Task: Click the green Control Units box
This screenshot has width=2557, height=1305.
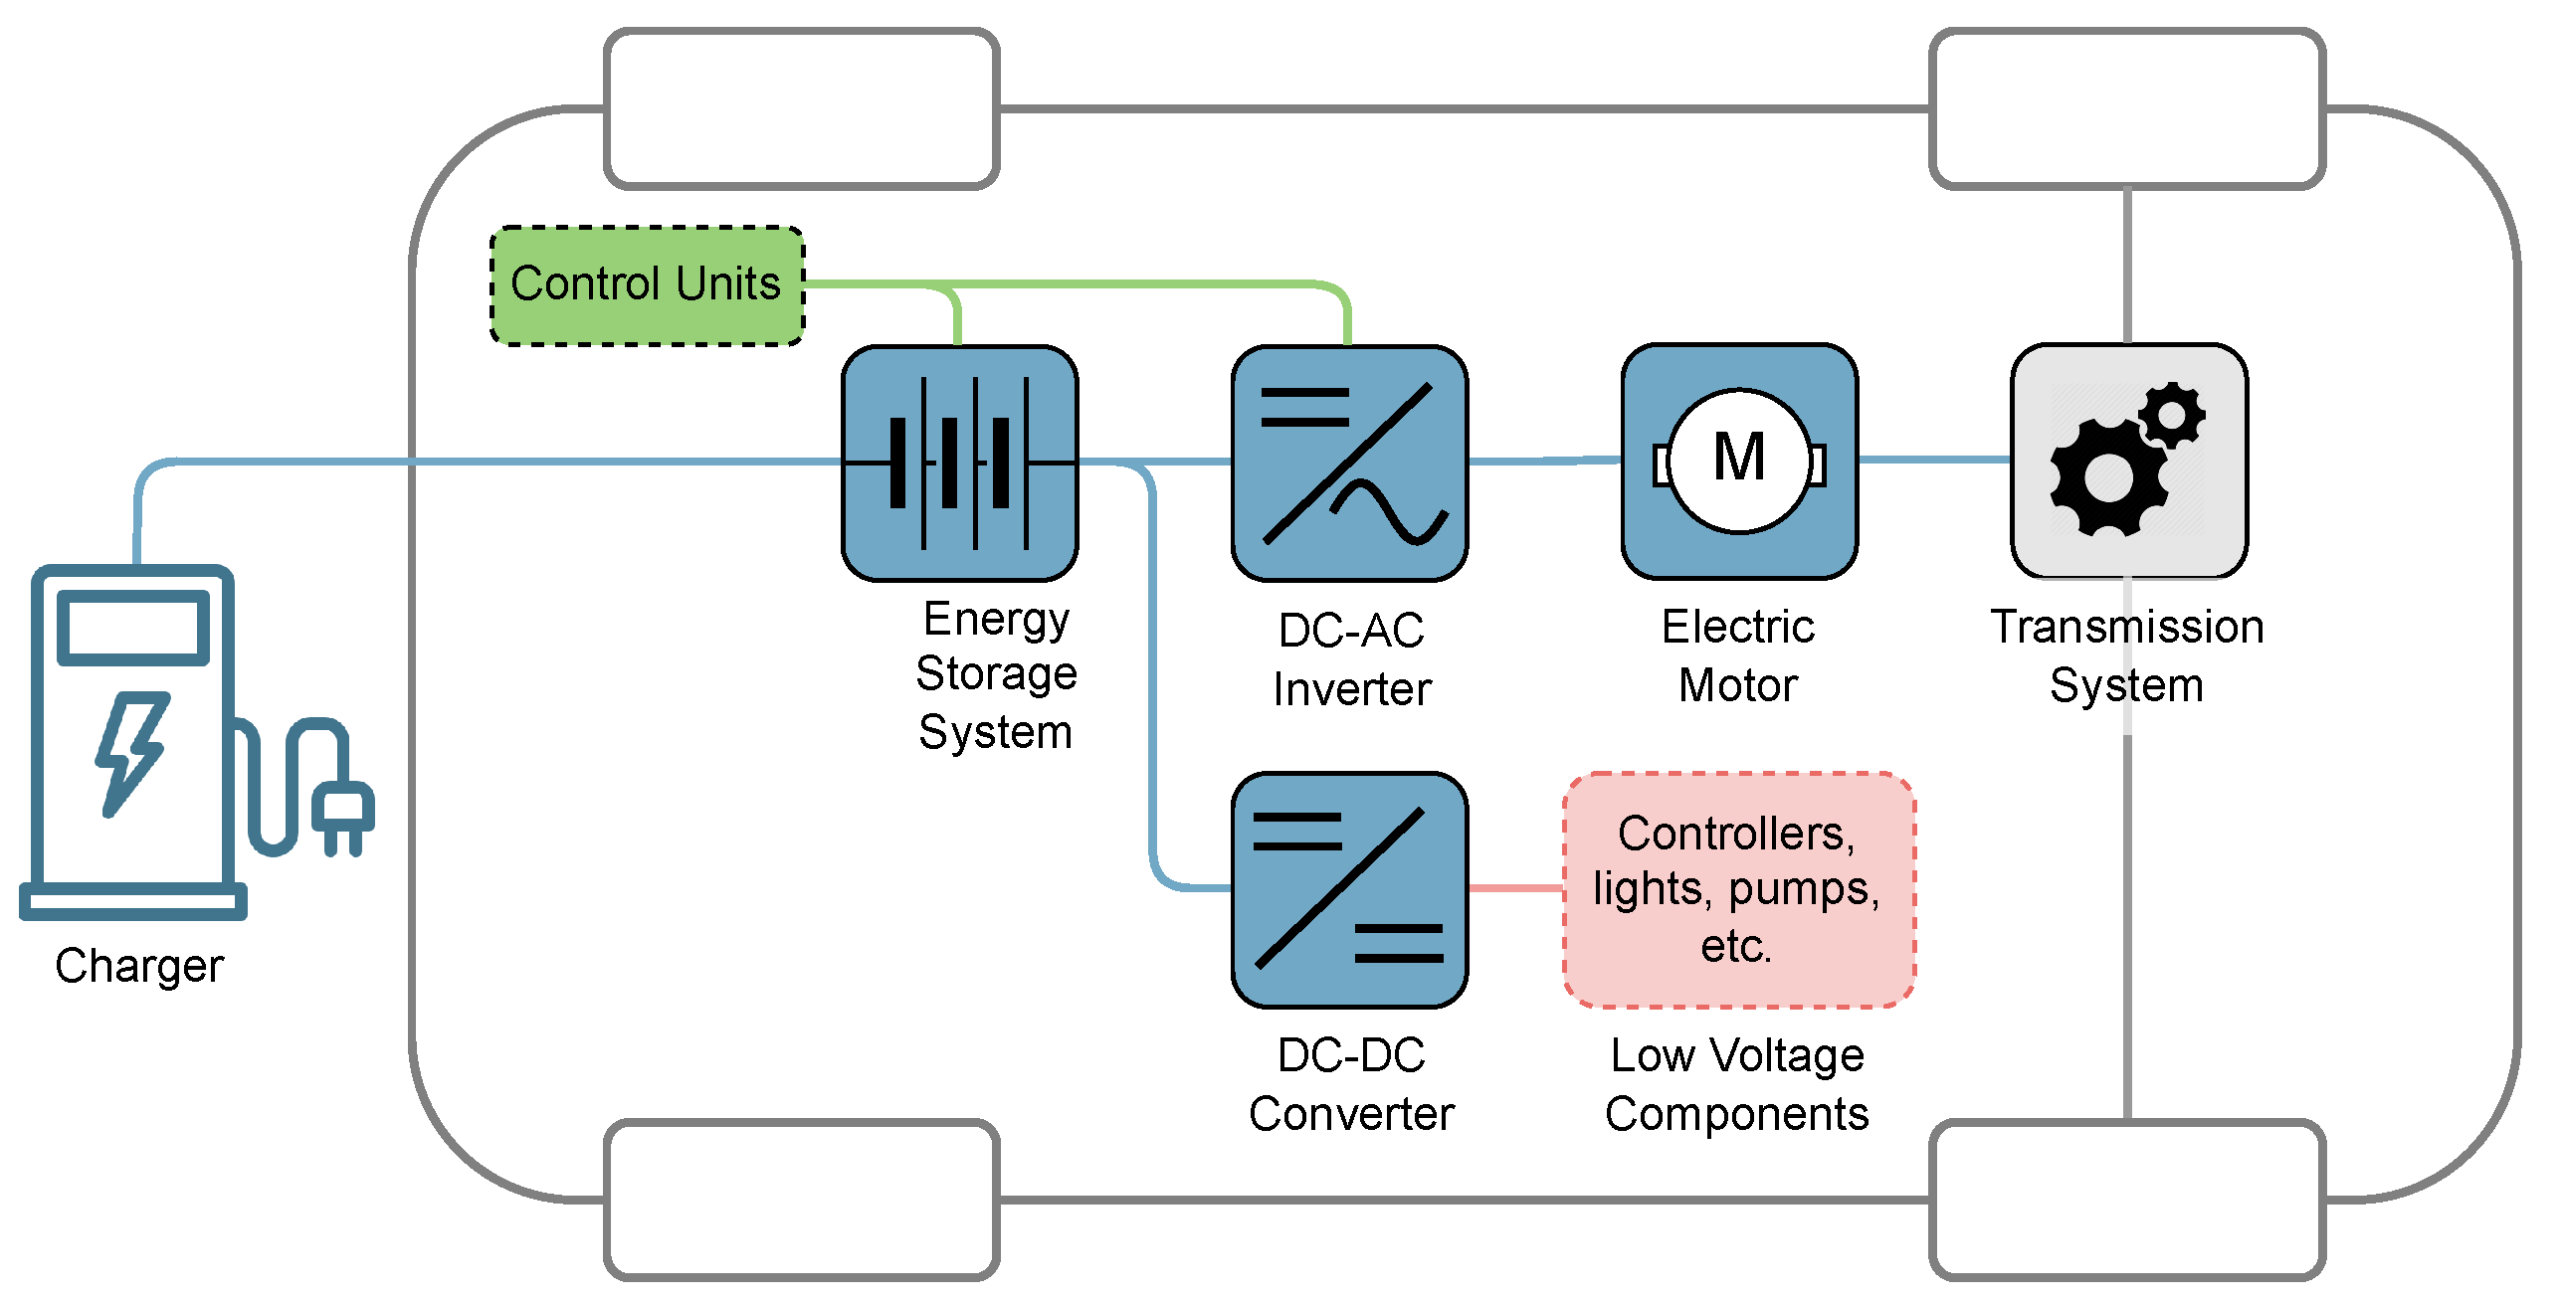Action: point(647,285)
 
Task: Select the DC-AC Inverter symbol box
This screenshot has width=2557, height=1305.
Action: point(1349,464)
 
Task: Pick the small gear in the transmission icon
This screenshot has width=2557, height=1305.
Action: point(2172,413)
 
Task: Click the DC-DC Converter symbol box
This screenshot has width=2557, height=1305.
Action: point(1349,889)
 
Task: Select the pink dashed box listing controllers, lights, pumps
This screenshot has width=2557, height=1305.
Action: point(1737,889)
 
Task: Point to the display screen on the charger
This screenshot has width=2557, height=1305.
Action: point(133,628)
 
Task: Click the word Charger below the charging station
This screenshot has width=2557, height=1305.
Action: point(139,966)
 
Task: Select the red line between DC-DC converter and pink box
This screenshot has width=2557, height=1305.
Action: point(1515,888)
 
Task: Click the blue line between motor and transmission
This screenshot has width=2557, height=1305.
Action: point(1933,460)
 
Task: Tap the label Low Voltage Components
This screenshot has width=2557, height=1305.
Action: point(1737,1084)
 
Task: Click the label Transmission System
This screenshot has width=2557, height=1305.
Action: point(2127,655)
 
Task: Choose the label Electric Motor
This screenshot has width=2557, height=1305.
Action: point(1738,655)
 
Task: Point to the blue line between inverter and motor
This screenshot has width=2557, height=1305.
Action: point(1544,461)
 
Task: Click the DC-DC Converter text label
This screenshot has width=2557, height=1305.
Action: point(1351,1084)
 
